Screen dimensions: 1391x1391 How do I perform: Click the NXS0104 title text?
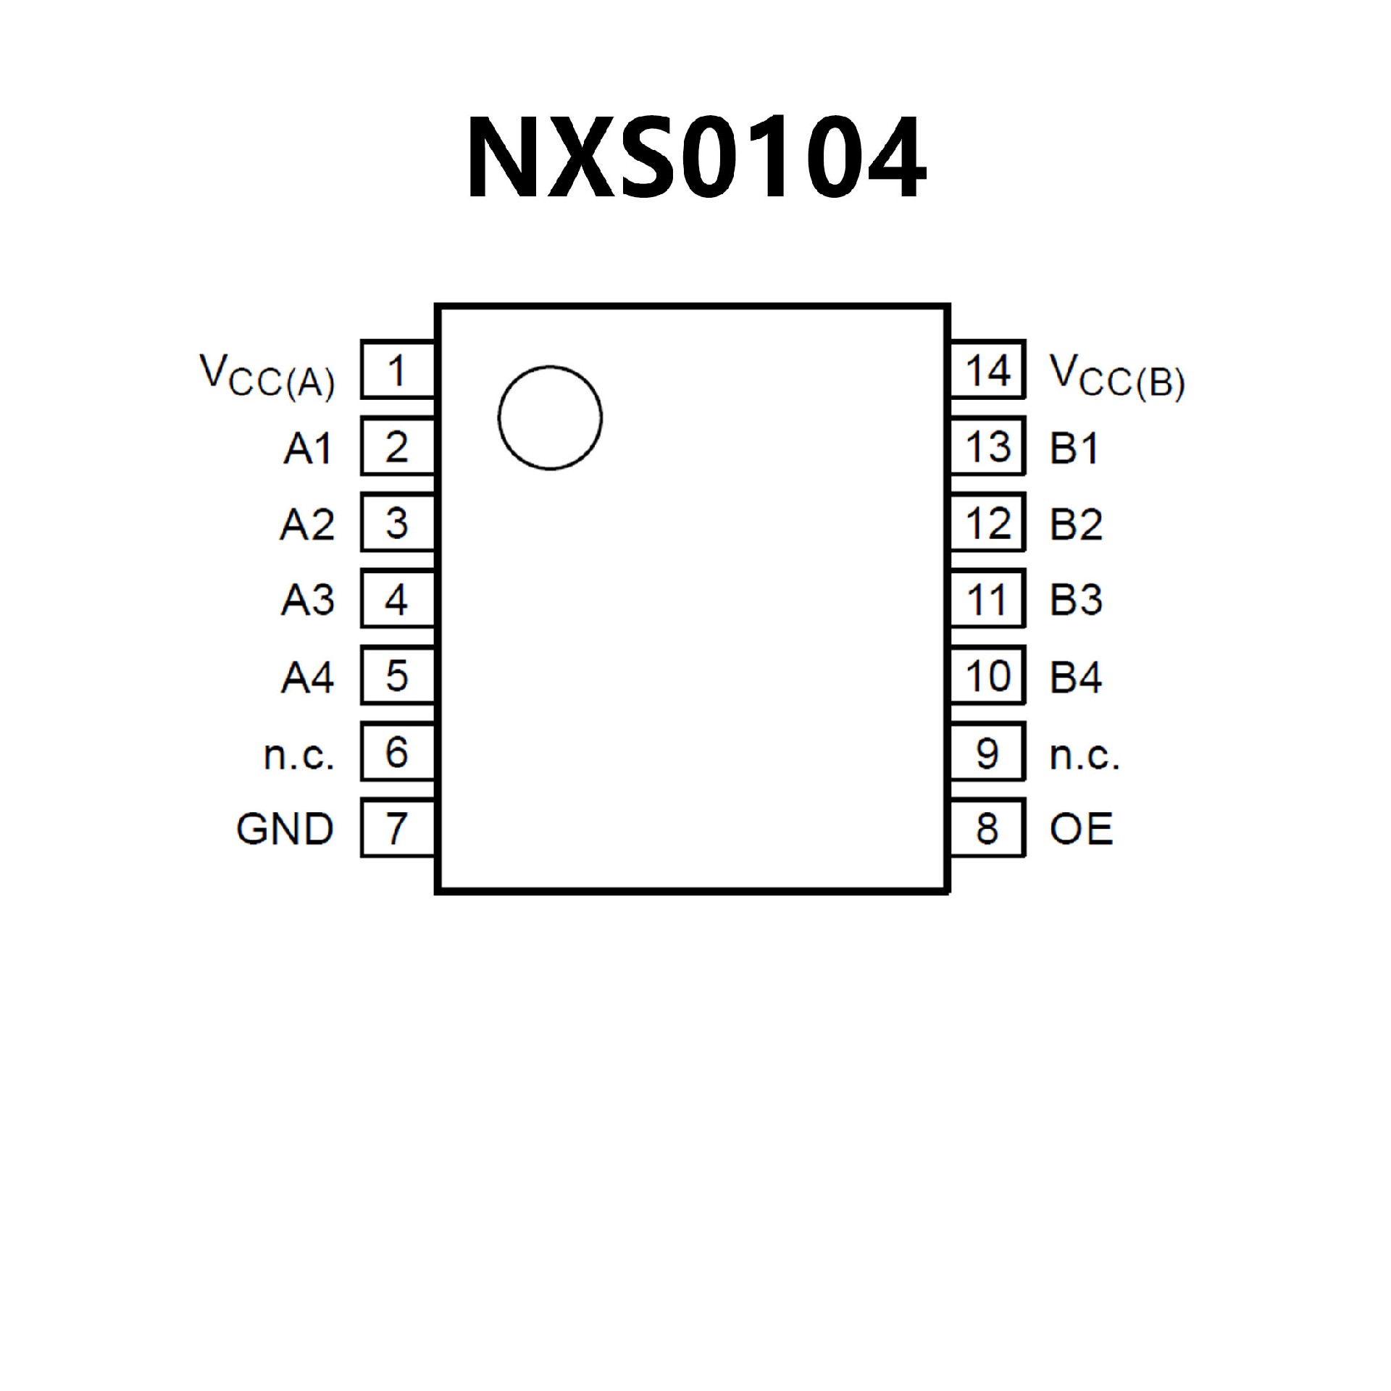pos(695,157)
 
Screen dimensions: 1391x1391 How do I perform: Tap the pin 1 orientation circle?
pos(550,418)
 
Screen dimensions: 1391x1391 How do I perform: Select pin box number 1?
pos(397,369)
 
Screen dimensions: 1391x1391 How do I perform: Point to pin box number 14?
pos(988,369)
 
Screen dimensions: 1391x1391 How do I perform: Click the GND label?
pos(285,829)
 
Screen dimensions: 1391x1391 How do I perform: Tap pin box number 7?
pos(397,828)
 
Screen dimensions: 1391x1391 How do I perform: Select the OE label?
pos(1081,829)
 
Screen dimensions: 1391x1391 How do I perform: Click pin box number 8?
pos(988,828)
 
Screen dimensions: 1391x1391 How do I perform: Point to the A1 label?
pos(308,448)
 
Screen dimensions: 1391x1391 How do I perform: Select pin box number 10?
pos(988,676)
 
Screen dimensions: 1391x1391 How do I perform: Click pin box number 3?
pos(397,522)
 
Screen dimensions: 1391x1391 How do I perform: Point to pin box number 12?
pos(988,522)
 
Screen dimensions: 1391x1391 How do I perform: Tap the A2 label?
pos(308,525)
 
